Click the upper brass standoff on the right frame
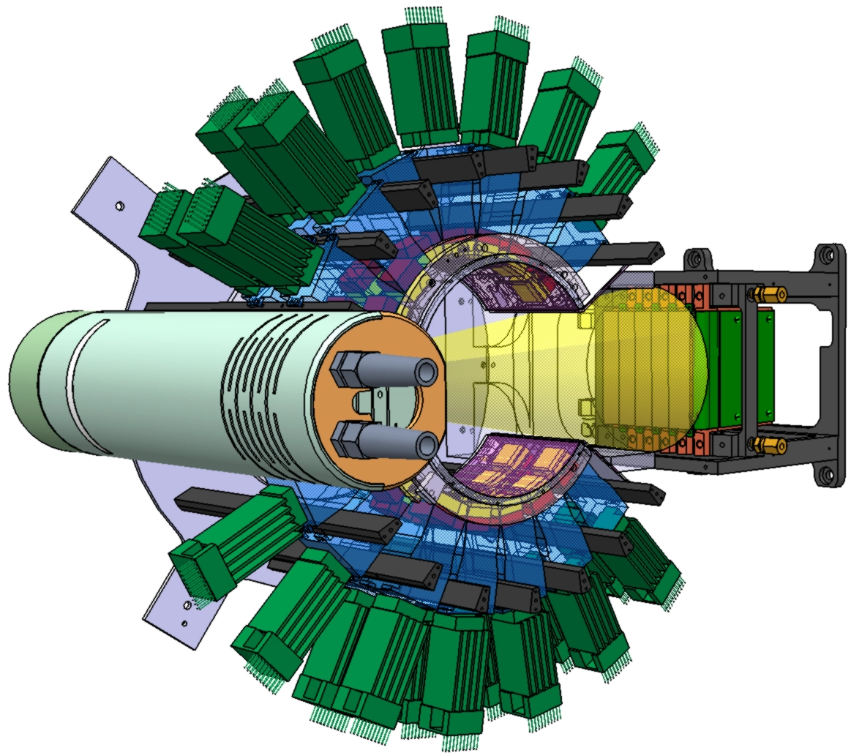click(769, 295)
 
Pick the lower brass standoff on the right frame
click(769, 444)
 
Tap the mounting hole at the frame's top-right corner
click(828, 255)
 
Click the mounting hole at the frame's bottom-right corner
click(828, 475)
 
